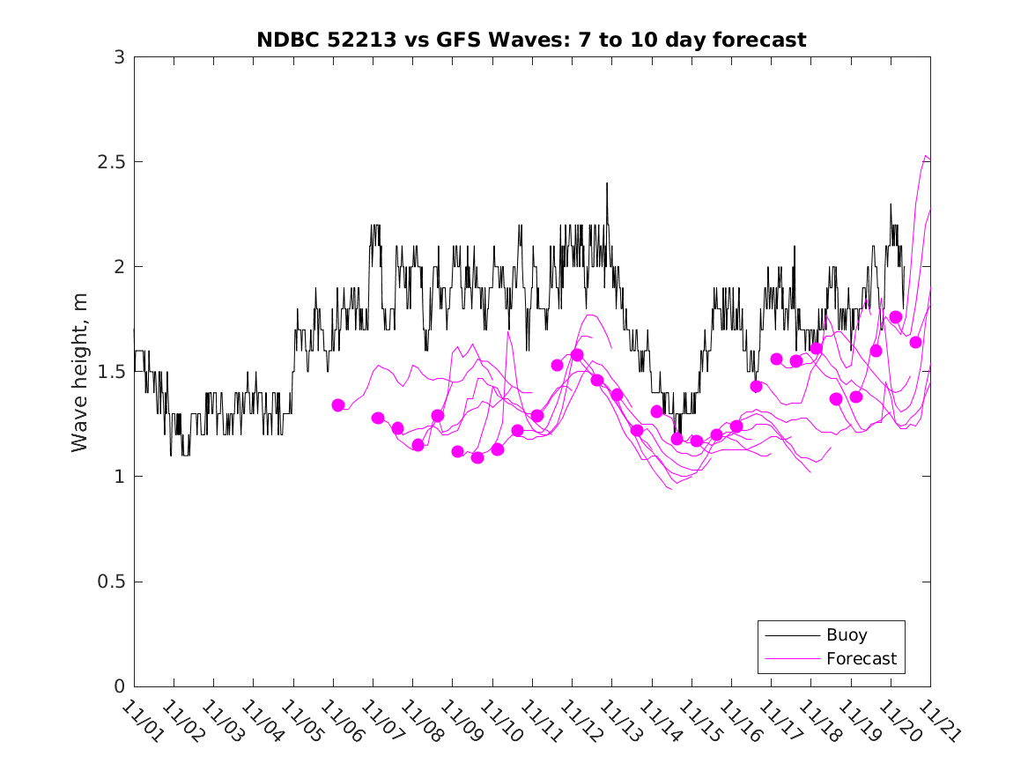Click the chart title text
tap(531, 40)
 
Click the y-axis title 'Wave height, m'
tap(80, 372)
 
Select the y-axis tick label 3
tap(119, 57)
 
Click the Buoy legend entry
tap(846, 634)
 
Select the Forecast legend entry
tap(861, 658)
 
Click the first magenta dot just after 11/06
tap(338, 405)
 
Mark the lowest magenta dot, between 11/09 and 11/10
tap(477, 457)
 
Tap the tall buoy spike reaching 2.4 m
tap(607, 184)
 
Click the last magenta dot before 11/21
tap(915, 342)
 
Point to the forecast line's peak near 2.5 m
tap(926, 156)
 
